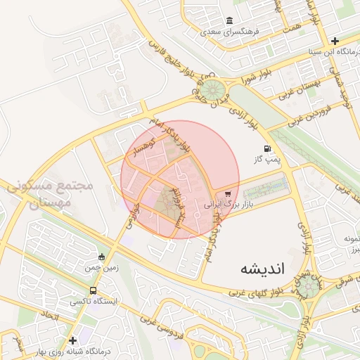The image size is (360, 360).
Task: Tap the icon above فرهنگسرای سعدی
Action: click(x=229, y=21)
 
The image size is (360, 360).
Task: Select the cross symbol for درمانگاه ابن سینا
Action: click(x=335, y=41)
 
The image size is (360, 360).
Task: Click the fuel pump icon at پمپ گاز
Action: click(x=267, y=148)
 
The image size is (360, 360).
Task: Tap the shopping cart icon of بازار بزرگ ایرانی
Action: click(x=227, y=194)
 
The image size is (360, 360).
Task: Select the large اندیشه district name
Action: click(x=258, y=269)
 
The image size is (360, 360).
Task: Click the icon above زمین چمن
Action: click(x=103, y=257)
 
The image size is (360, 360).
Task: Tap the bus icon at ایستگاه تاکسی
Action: click(x=93, y=290)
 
